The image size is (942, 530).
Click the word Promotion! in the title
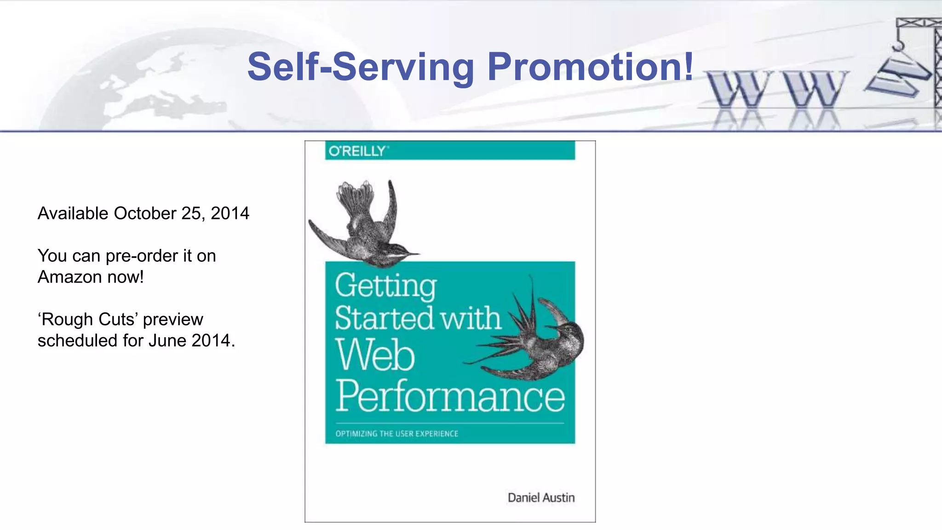[x=590, y=67]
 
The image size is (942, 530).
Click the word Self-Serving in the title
[x=361, y=67]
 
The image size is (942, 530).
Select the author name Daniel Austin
[x=541, y=498]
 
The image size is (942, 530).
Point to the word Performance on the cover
[x=450, y=397]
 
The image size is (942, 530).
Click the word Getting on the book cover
[x=385, y=286]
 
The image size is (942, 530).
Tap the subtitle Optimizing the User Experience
[x=396, y=433]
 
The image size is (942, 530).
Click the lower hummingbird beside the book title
[x=538, y=340]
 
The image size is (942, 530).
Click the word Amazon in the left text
[x=70, y=277]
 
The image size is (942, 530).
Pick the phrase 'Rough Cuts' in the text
[x=88, y=319]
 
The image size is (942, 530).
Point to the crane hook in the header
[x=897, y=45]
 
